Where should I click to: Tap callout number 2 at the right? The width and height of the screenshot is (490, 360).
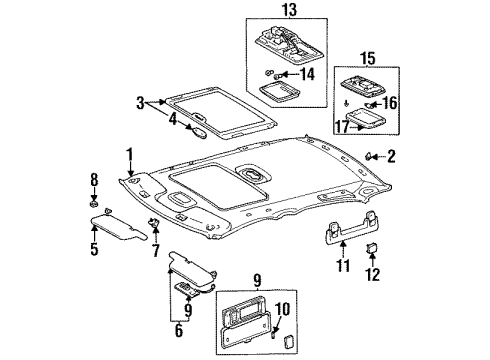coord(391,155)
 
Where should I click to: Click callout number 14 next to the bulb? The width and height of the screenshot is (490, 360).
coord(308,74)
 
